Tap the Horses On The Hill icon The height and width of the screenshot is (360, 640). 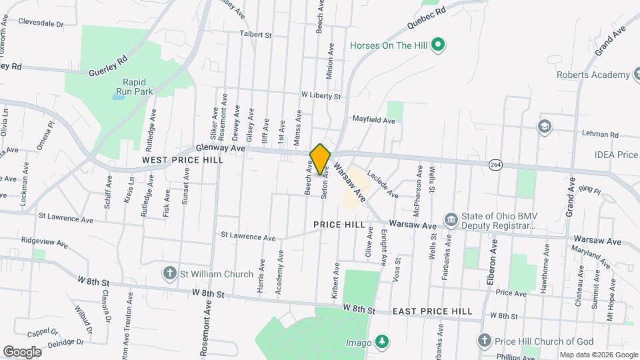[x=438, y=45]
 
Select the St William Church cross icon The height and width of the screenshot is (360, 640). [x=170, y=273]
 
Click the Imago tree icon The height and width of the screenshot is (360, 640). [x=381, y=341]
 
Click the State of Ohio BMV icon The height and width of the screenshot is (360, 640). [x=451, y=219]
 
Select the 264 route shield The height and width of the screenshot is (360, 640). [x=495, y=164]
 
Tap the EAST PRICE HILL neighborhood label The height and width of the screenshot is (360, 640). [x=432, y=311]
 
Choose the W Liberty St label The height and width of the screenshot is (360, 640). [x=321, y=96]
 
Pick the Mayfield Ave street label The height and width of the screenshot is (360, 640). [x=374, y=121]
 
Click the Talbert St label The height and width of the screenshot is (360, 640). [x=256, y=34]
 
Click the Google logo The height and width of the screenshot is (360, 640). [x=22, y=351]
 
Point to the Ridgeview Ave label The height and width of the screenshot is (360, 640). [x=44, y=242]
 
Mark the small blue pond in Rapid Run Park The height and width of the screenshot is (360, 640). [x=118, y=97]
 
